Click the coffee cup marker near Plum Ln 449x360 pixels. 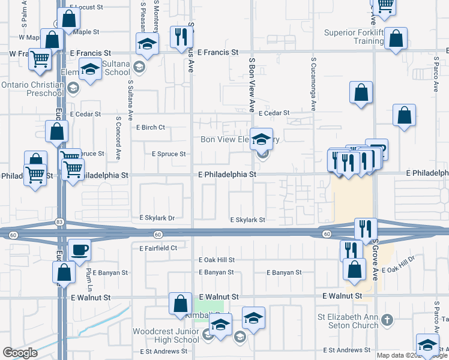point(79,250)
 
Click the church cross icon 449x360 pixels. point(387,319)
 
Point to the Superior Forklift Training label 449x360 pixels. point(354,37)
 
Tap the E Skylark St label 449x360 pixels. point(248,220)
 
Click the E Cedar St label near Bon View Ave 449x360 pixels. point(274,113)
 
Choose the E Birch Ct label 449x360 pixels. point(150,128)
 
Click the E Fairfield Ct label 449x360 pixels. point(158,248)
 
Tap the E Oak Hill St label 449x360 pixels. point(217,260)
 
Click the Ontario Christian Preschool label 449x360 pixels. point(32,89)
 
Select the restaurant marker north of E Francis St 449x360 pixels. point(179,37)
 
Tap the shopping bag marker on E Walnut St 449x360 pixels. point(180,304)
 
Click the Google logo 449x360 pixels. point(20,353)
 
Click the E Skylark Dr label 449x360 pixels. point(157,218)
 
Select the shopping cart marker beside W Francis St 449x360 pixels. point(40,59)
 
